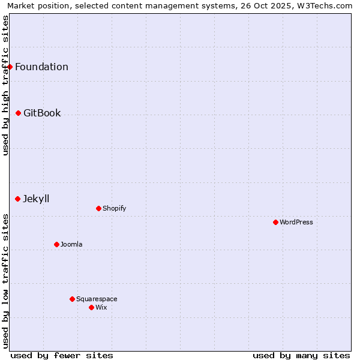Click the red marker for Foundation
[10, 67]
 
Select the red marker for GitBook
[18, 113]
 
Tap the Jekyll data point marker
[17, 199]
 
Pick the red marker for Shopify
[98, 208]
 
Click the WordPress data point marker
[275, 222]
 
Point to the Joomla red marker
[56, 244]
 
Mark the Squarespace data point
[72, 299]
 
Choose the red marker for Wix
[91, 307]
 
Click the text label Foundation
[41, 67]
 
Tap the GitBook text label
[42, 113]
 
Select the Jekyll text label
[36, 199]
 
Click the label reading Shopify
[114, 208]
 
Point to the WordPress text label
[296, 222]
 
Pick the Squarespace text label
[97, 299]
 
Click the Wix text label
[101, 307]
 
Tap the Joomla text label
[71, 244]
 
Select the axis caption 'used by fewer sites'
[62, 355]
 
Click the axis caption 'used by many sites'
[301, 355]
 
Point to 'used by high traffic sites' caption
[5, 85]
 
